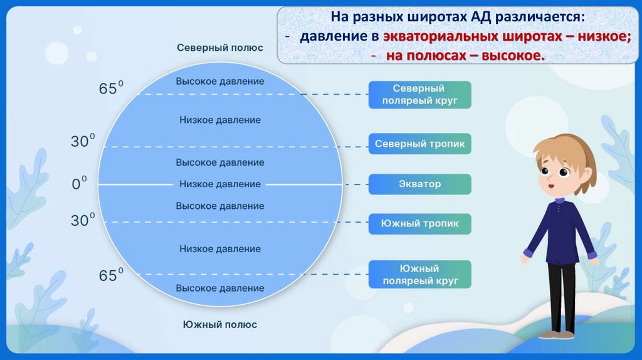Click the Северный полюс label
click(x=219, y=48)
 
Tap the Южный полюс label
click(x=219, y=324)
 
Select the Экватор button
click(x=419, y=184)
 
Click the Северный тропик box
click(x=419, y=144)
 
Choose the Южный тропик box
click(x=419, y=223)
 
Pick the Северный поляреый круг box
click(x=419, y=95)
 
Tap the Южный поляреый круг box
click(x=419, y=275)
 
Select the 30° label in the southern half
click(x=83, y=220)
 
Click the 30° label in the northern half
click(x=83, y=141)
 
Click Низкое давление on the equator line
click(x=219, y=184)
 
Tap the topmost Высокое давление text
click(x=219, y=82)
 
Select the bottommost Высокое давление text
click(x=219, y=288)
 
